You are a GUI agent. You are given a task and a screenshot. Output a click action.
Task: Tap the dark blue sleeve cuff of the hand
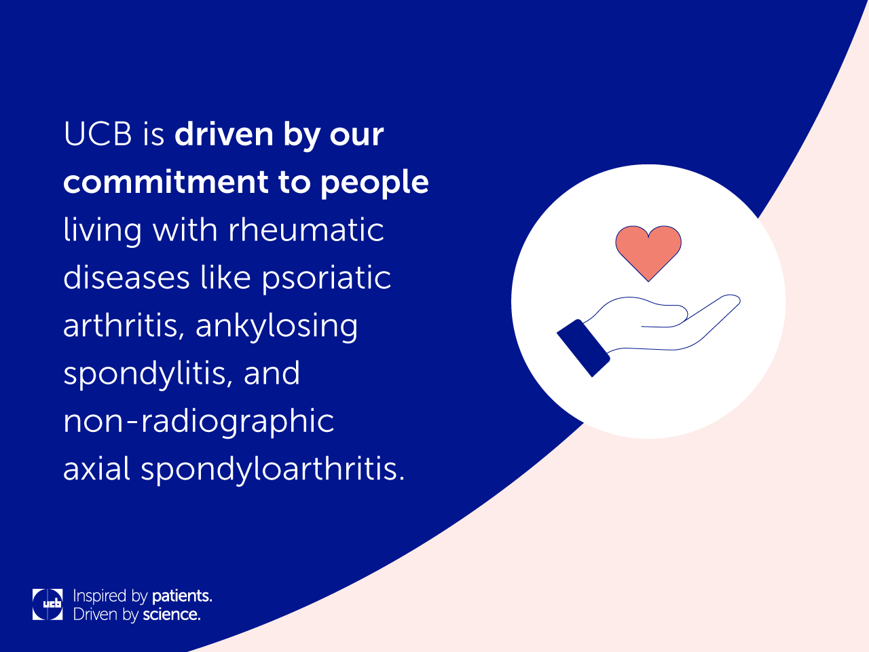click(583, 348)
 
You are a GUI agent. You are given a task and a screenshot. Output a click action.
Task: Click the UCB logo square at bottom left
click(48, 604)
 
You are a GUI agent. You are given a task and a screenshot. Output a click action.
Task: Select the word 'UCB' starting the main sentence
click(97, 134)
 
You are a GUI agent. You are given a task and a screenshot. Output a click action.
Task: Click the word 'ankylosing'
click(277, 327)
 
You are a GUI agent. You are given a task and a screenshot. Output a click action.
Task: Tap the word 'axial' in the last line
click(96, 468)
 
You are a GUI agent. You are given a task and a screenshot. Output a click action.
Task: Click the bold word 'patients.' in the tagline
click(182, 596)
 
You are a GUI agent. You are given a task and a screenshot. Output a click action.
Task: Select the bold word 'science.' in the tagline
click(172, 615)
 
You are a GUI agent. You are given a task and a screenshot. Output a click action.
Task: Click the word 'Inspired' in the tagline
click(99, 596)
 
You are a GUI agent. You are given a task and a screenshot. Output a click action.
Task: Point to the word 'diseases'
click(127, 278)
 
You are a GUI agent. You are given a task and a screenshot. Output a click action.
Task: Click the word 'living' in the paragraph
click(103, 232)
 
